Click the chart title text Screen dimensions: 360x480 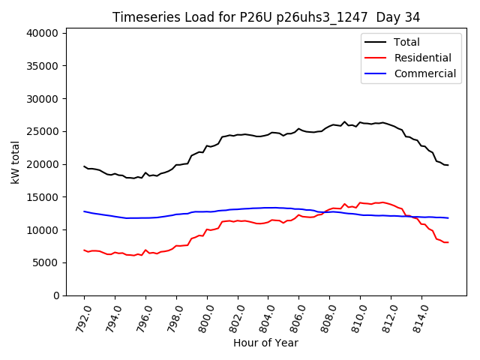[x=265, y=16]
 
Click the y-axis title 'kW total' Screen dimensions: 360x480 [x=16, y=162]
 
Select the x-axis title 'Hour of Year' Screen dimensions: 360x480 [x=265, y=343]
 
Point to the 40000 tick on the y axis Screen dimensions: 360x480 [x=42, y=33]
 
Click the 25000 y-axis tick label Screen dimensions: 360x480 [x=42, y=131]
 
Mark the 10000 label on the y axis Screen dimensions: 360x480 [x=42, y=229]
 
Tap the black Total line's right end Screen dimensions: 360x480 [x=448, y=165]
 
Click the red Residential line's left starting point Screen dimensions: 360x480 [x=84, y=250]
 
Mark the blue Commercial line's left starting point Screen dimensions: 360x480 [x=84, y=211]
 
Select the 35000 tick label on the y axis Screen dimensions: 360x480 [x=42, y=66]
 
